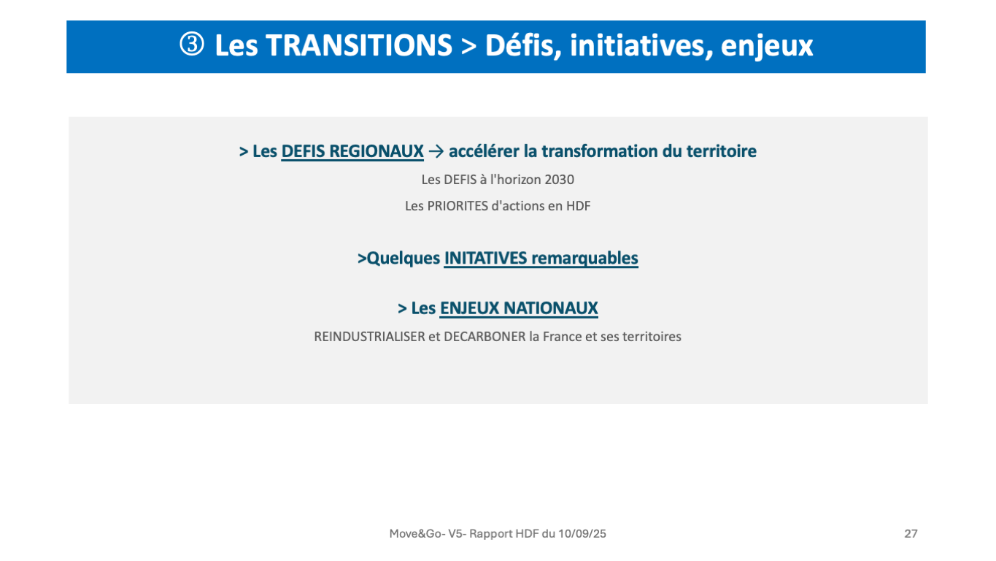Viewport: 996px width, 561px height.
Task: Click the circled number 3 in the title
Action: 192,45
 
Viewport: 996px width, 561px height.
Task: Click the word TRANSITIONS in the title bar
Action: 359,45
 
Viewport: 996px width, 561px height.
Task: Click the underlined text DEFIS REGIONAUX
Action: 352,151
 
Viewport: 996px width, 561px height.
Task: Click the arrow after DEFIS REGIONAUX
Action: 436,152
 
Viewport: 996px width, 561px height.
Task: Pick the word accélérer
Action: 484,151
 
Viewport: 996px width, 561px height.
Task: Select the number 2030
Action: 560,180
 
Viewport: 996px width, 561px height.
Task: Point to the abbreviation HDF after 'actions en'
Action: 578,206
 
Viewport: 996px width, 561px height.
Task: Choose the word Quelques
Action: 404,259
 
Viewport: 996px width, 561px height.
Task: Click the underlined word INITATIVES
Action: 485,259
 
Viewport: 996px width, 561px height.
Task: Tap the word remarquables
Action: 584,259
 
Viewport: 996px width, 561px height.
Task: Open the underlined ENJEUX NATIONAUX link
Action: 519,308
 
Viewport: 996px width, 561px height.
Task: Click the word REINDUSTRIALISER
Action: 369,337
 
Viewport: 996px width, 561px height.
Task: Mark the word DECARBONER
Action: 485,337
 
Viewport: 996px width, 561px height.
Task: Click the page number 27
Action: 911,533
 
